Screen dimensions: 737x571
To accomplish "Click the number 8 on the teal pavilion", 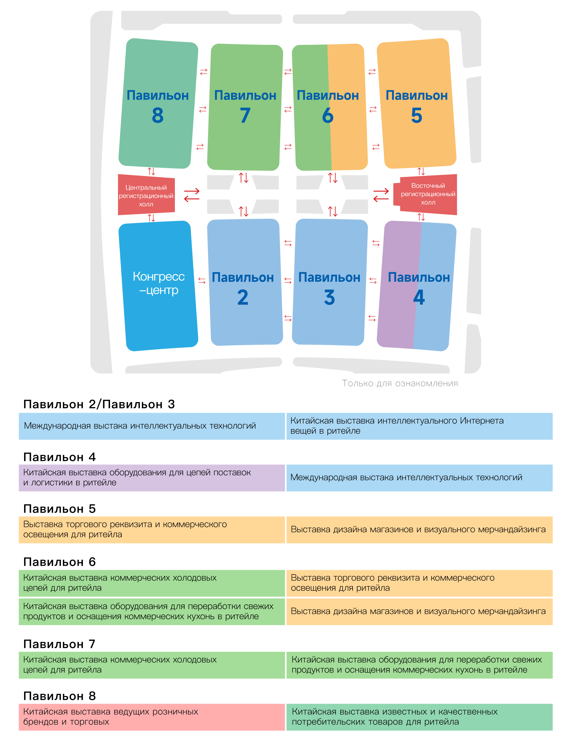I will [158, 115].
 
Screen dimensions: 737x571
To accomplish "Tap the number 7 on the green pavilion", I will [245, 115].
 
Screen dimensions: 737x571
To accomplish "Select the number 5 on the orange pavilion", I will [416, 115].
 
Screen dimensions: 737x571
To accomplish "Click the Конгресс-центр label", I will [159, 283].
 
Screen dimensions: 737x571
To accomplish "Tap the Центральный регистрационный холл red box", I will [146, 195].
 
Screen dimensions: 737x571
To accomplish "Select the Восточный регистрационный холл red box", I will [427, 194].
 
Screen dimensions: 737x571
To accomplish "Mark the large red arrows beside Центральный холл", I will [192, 195].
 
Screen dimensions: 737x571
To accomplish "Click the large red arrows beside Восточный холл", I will [381, 195].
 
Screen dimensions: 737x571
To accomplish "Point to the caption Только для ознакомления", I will [400, 383].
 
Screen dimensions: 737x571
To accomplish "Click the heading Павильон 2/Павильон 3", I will [99, 404].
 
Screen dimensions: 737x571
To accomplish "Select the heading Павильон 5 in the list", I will [59, 508].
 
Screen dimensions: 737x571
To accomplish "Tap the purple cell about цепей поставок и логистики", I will [152, 478].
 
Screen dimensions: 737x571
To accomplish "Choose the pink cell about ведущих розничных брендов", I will [152, 717].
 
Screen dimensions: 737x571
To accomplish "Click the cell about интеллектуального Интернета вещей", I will [419, 426].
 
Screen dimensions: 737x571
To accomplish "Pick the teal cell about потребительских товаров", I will [419, 717].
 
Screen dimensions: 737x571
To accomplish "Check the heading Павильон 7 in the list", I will [59, 644].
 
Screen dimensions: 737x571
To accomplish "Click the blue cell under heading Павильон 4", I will [419, 478].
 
